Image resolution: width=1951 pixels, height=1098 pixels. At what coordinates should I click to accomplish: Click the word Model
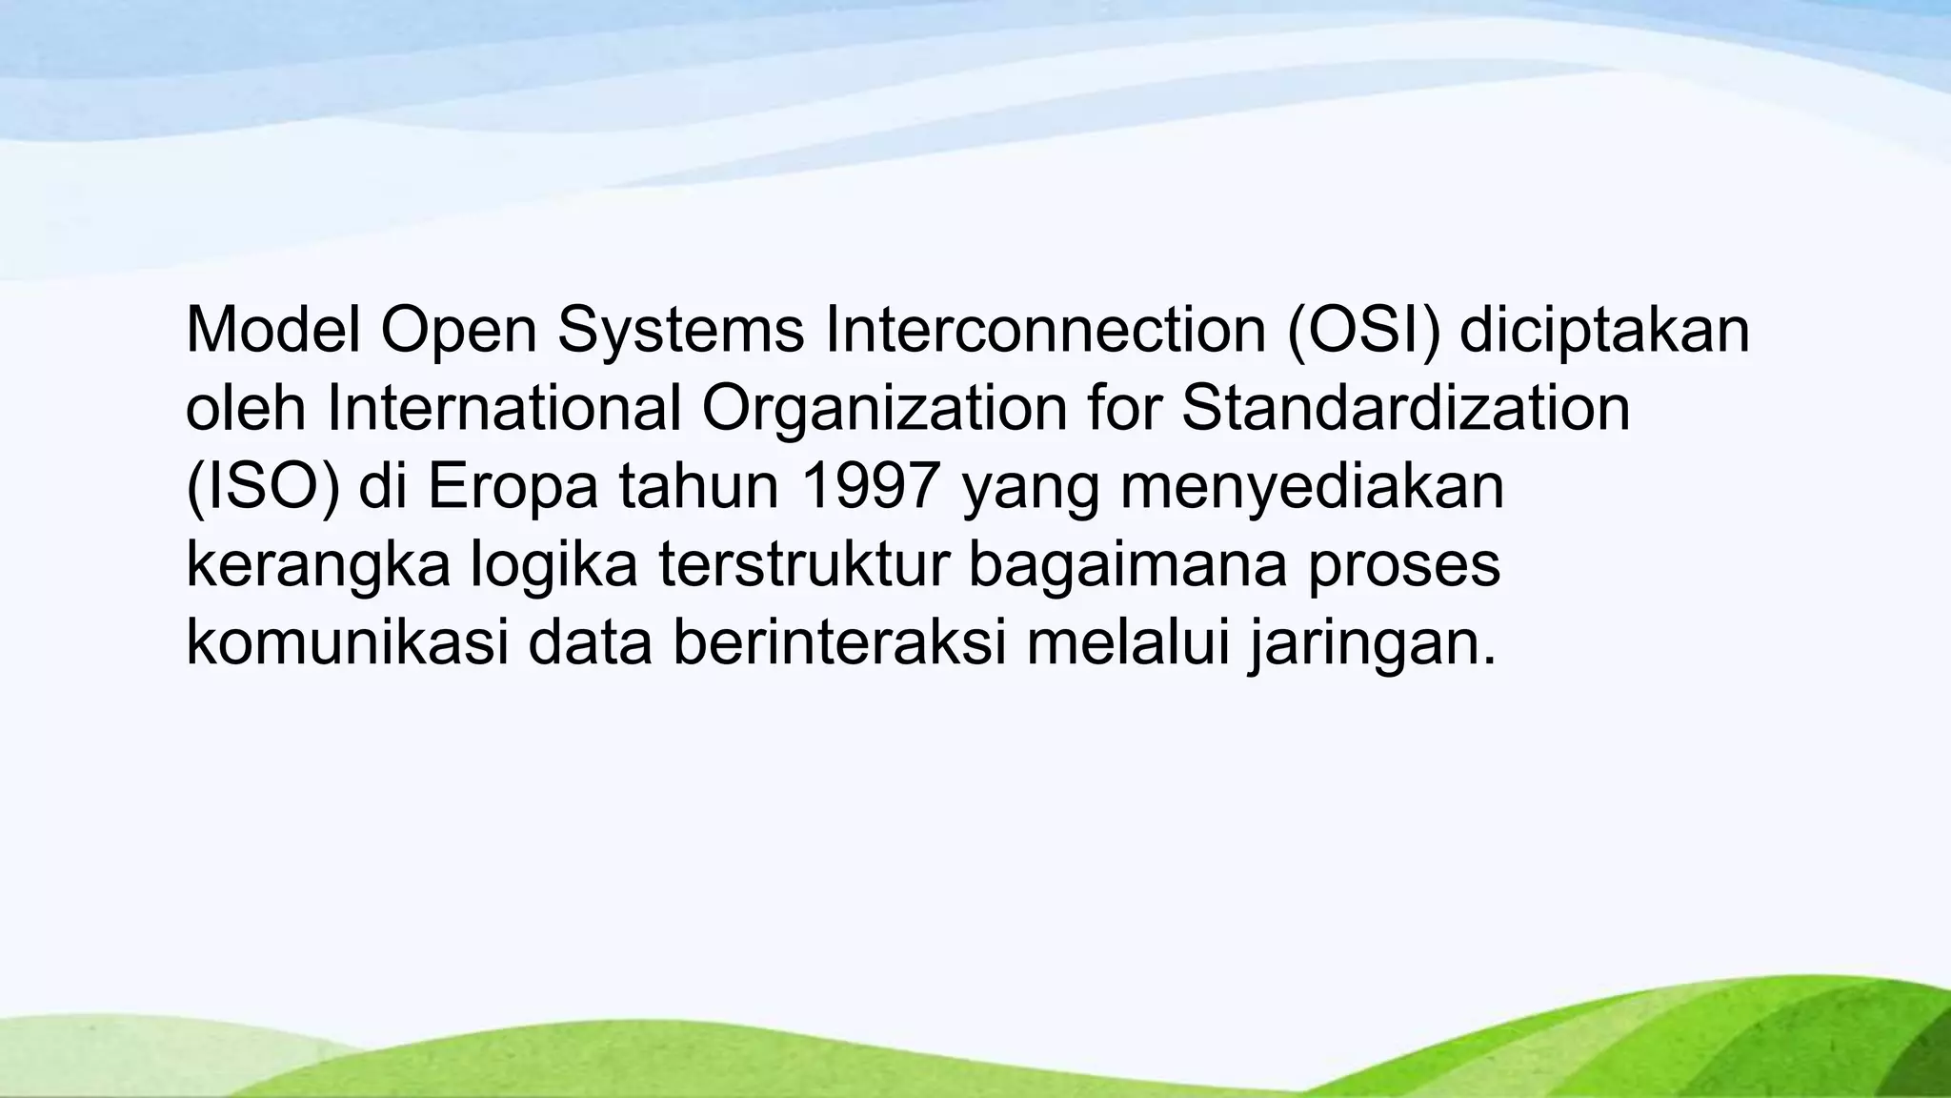272,330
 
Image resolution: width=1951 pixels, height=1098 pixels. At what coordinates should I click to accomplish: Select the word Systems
680,330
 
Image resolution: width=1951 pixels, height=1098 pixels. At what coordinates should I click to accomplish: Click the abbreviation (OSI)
1364,330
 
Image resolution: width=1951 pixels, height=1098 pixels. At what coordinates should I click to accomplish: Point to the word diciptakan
1604,330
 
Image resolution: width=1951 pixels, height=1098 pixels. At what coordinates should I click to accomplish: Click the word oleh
245,408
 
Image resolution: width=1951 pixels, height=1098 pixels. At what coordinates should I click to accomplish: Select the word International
504,408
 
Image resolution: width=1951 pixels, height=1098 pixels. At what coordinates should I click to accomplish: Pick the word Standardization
1405,408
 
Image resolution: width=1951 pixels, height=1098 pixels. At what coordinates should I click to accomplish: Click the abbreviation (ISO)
262,486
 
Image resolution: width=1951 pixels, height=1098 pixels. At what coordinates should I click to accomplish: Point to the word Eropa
513,486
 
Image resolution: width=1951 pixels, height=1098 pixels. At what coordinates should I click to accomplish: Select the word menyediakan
1312,486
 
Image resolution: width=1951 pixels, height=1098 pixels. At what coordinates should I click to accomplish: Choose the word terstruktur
804,564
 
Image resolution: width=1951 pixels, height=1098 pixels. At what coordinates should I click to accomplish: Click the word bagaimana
1128,564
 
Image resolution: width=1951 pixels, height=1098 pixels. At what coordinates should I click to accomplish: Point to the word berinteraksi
839,642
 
